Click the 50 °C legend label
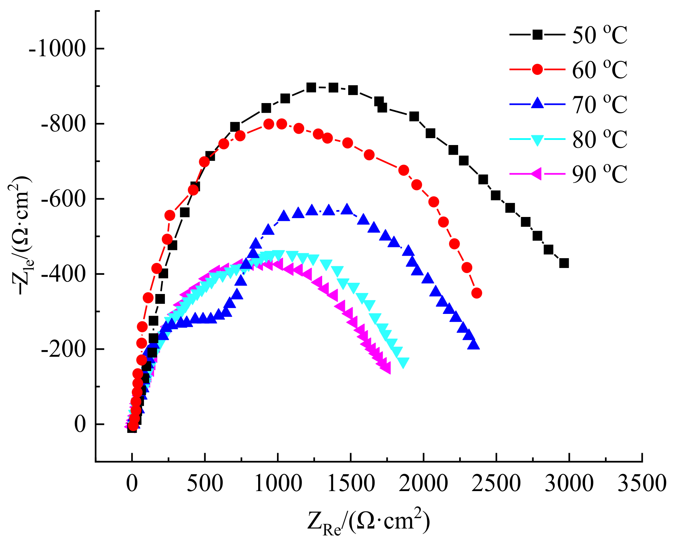tap(599, 35)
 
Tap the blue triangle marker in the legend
tap(538, 103)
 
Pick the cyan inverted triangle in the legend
tap(538, 139)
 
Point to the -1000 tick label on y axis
tap(57, 49)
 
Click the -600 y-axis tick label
tap(63, 199)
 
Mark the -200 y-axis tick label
tap(63, 349)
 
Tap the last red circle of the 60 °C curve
tap(477, 293)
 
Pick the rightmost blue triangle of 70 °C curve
tap(473, 345)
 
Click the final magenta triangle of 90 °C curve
tap(386, 369)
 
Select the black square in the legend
tap(538, 35)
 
